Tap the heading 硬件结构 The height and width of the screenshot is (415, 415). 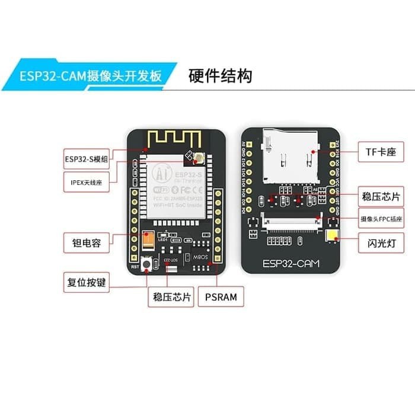click(x=220, y=76)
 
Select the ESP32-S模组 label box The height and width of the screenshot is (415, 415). click(x=87, y=159)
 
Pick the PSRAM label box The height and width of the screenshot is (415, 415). click(x=221, y=297)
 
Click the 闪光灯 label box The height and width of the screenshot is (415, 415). click(x=376, y=242)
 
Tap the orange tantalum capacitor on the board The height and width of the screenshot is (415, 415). click(x=148, y=239)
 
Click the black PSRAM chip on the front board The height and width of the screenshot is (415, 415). click(x=200, y=256)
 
